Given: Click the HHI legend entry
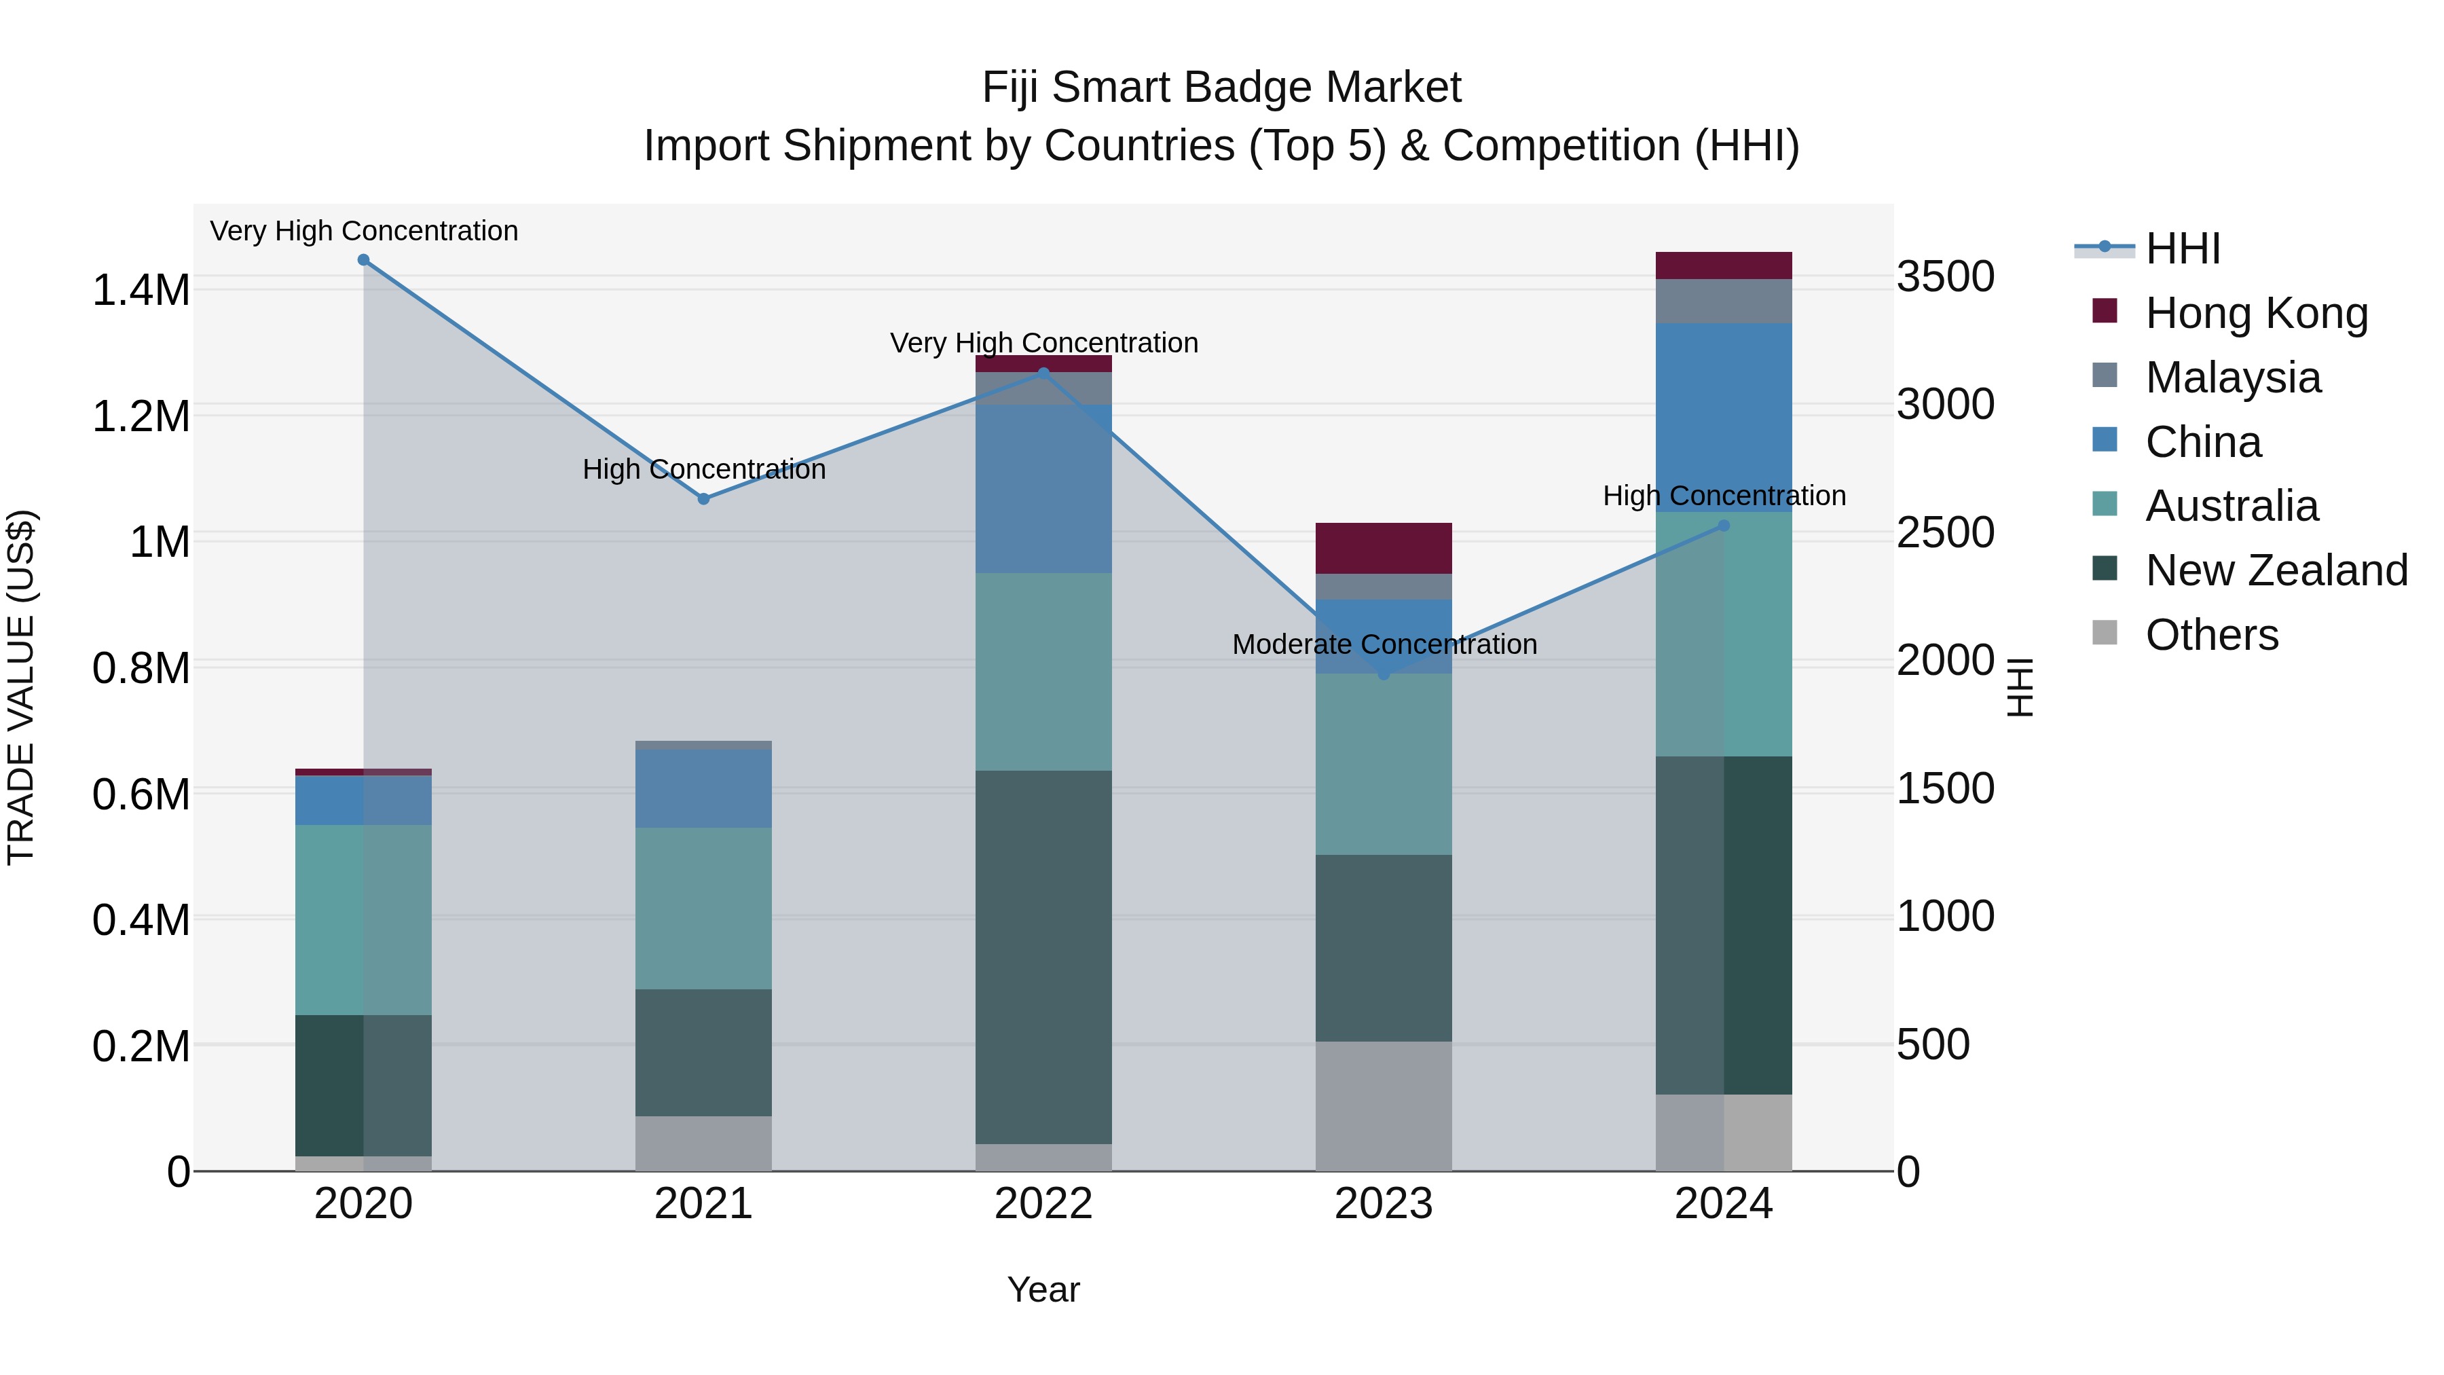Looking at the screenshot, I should click(x=2182, y=249).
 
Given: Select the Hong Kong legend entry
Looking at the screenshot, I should click(x=2256, y=313).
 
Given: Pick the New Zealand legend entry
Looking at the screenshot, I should click(x=2275, y=570).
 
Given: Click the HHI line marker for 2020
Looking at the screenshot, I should click(x=363, y=260).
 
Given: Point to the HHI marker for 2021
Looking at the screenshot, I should click(x=703, y=499).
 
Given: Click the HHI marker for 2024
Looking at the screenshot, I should click(x=1724, y=526).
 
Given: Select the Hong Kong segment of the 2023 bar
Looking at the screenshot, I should click(x=1384, y=547).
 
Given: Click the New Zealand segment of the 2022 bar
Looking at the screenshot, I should click(x=1043, y=957).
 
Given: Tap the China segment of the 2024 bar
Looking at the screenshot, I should click(x=1724, y=418).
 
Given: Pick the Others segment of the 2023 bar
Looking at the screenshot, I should click(x=1384, y=1105).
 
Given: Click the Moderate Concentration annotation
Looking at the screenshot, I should click(x=1384, y=644).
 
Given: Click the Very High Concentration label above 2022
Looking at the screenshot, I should click(x=1043, y=343).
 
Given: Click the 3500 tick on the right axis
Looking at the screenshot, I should click(x=1945, y=277).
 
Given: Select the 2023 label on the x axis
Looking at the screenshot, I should click(x=1384, y=1204).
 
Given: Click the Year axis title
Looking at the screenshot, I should click(x=1043, y=1289).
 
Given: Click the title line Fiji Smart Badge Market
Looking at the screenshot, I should click(x=1221, y=88).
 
